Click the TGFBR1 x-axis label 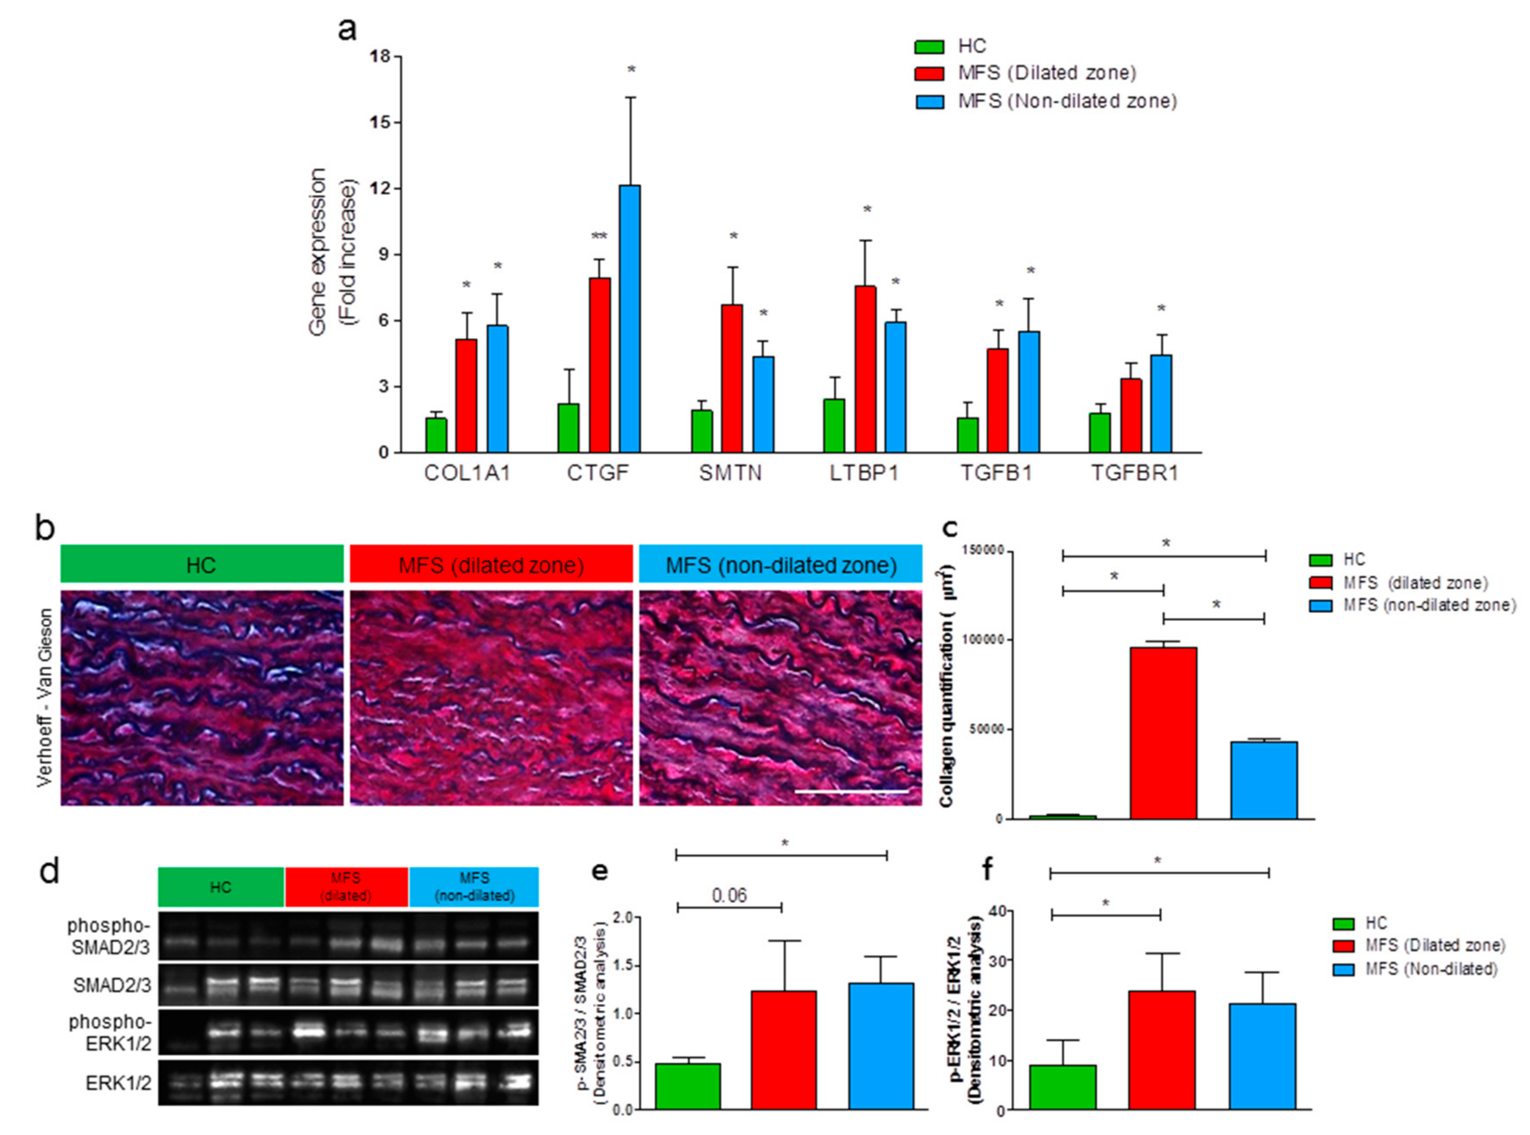click(x=1134, y=473)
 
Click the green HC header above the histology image click(x=201, y=565)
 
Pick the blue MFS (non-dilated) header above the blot click(x=474, y=887)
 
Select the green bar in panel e click(x=687, y=1085)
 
